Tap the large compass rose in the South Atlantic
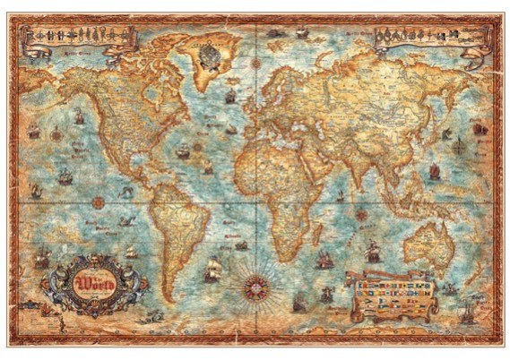(x=254, y=287)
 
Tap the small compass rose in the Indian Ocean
(x=362, y=214)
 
